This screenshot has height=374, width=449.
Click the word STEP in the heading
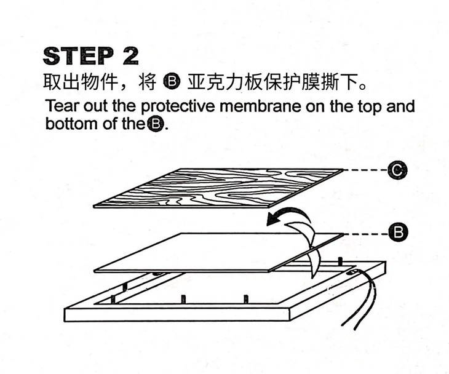pyautogui.click(x=79, y=56)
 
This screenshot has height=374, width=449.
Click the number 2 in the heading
pyautogui.click(x=130, y=56)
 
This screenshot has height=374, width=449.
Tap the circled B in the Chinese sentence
pyautogui.click(x=172, y=82)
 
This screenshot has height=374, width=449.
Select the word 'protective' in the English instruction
pyautogui.click(x=178, y=106)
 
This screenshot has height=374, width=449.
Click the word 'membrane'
pyautogui.click(x=260, y=106)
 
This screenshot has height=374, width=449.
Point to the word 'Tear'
pyautogui.click(x=62, y=106)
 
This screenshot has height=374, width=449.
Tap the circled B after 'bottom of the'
pyautogui.click(x=155, y=124)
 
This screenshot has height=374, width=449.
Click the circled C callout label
pyautogui.click(x=397, y=170)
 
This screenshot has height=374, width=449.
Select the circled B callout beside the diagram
pyautogui.click(x=399, y=232)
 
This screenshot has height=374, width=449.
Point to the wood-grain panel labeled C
pyautogui.click(x=218, y=188)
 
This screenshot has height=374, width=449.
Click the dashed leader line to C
pyautogui.click(x=366, y=170)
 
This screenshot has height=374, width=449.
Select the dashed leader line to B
pyautogui.click(x=366, y=234)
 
